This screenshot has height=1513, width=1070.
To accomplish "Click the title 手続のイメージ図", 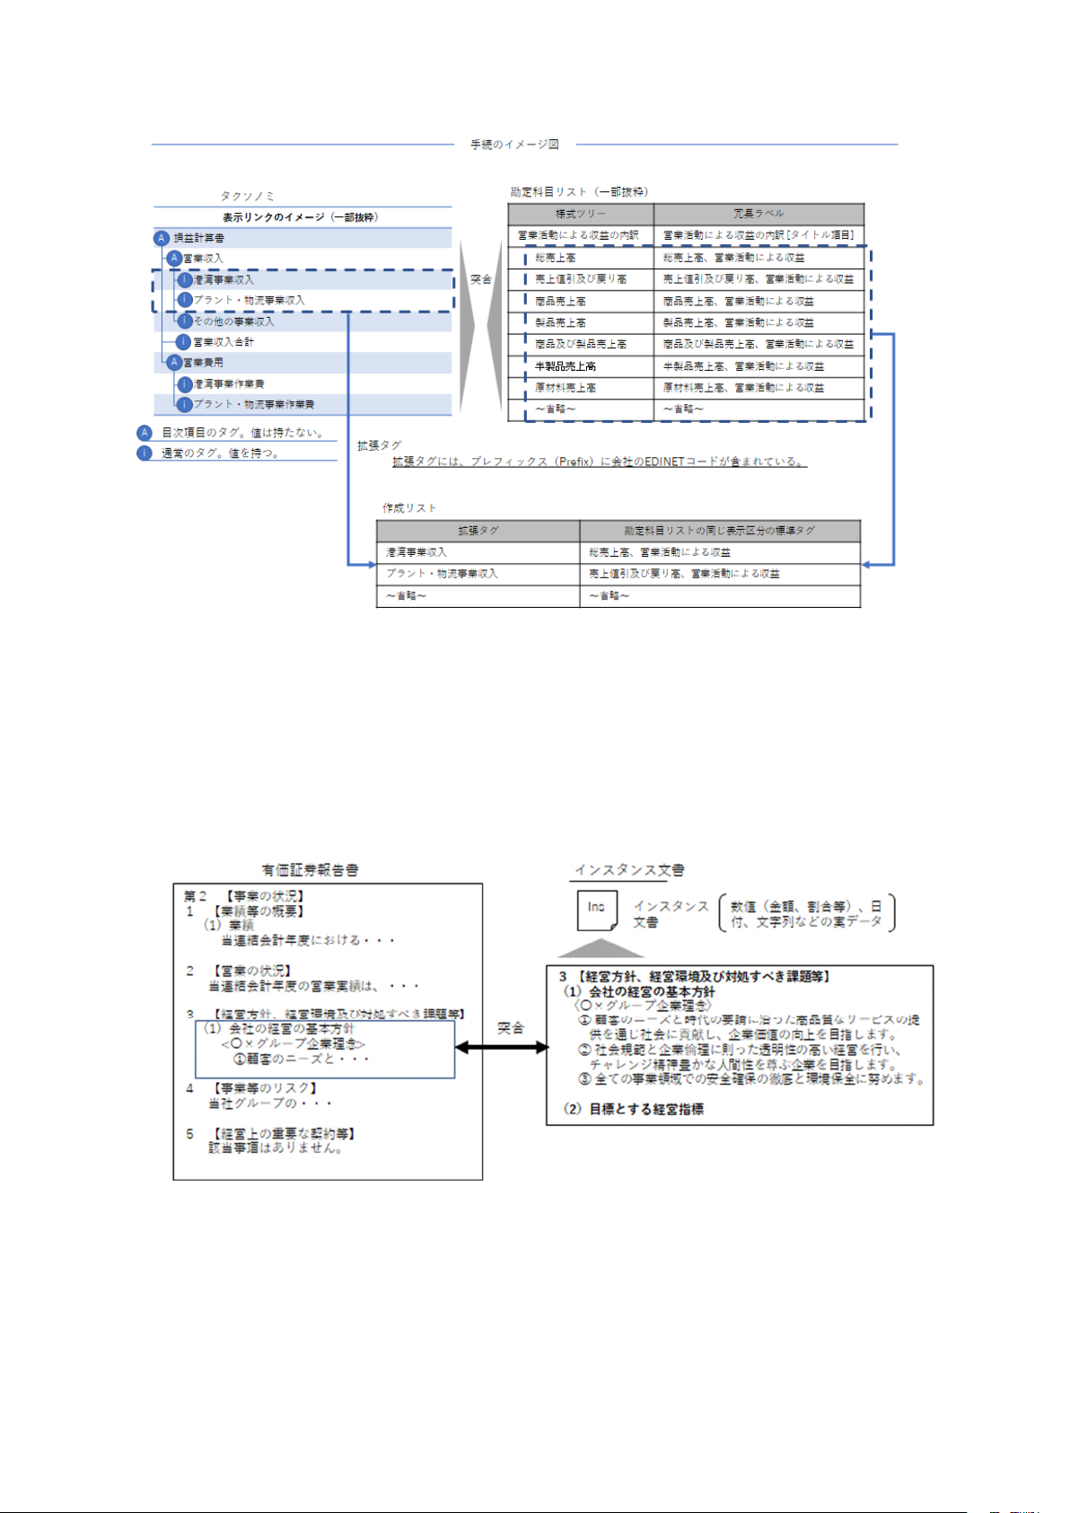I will click(514, 145).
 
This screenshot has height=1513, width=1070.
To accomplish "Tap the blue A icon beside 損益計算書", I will click(162, 238).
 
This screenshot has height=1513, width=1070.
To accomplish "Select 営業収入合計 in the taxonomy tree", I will click(224, 342).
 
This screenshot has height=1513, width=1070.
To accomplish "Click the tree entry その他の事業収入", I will click(233, 321).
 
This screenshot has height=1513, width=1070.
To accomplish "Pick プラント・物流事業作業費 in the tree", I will click(254, 405).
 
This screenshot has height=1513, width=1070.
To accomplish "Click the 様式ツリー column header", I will click(580, 214).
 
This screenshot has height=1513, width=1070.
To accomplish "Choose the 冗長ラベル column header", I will click(759, 214).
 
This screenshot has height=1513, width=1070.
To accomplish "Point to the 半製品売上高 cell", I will click(566, 366).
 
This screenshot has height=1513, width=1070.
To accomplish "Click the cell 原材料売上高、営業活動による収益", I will click(743, 388).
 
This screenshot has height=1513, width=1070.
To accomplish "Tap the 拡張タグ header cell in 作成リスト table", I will click(478, 531).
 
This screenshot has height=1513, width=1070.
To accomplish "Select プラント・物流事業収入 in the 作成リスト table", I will click(442, 574).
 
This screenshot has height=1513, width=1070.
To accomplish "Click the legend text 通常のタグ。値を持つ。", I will click(220, 453).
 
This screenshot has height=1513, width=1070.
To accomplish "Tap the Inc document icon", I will click(597, 910).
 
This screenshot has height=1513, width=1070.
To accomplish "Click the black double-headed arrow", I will click(502, 1047).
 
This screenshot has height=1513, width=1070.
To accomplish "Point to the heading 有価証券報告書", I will click(310, 870).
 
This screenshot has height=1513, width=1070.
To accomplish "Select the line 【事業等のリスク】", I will click(266, 1088).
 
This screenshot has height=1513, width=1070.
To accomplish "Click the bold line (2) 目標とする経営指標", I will click(634, 1109).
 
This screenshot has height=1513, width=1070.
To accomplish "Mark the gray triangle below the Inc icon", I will click(601, 949).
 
